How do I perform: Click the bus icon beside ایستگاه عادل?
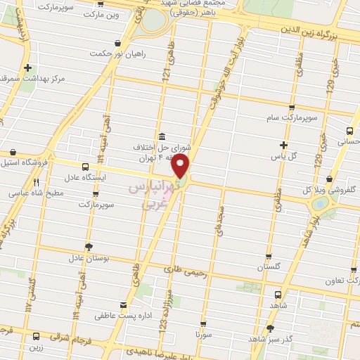pos(84,167)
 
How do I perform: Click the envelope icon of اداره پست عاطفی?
pos(124,304)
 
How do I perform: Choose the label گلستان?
pos(269,268)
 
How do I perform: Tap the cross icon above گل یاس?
pos(283,144)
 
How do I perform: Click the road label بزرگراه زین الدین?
pos(311,30)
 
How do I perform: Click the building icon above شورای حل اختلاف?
pos(162,136)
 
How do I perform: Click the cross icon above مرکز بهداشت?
pos(27,68)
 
